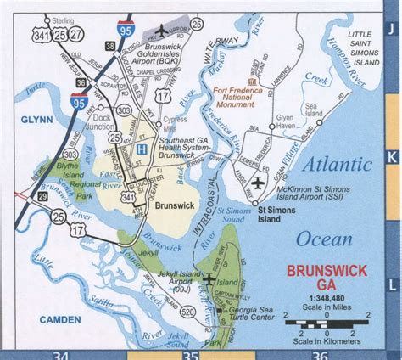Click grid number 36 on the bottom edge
(x=319, y=354)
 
